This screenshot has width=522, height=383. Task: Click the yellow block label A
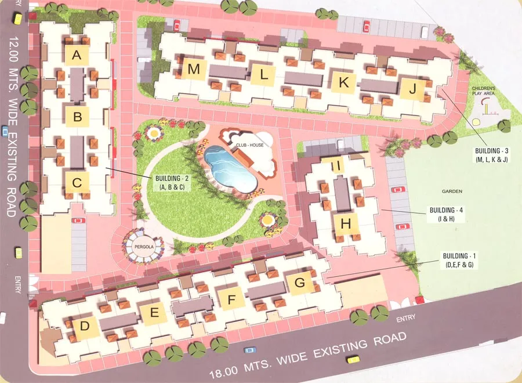coord(77,56)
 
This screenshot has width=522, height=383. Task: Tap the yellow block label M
coord(194,70)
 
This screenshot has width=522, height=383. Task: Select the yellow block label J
coord(412,89)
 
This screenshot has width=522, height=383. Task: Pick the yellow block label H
coord(346,223)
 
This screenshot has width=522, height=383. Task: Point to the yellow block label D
coord(85,327)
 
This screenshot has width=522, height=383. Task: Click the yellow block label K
coord(343,83)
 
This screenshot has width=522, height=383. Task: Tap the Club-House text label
coord(249,144)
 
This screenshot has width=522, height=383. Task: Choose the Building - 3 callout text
coord(490,154)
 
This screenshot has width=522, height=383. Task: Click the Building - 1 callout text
coord(461,261)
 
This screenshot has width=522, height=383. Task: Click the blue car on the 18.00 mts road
coord(250,350)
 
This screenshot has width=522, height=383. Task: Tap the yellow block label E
coord(154,313)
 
